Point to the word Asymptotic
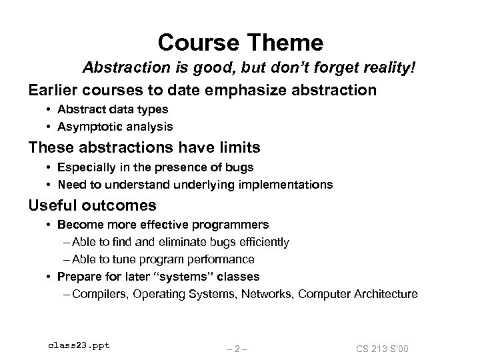[85, 126]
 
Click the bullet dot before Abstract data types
[51, 109]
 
